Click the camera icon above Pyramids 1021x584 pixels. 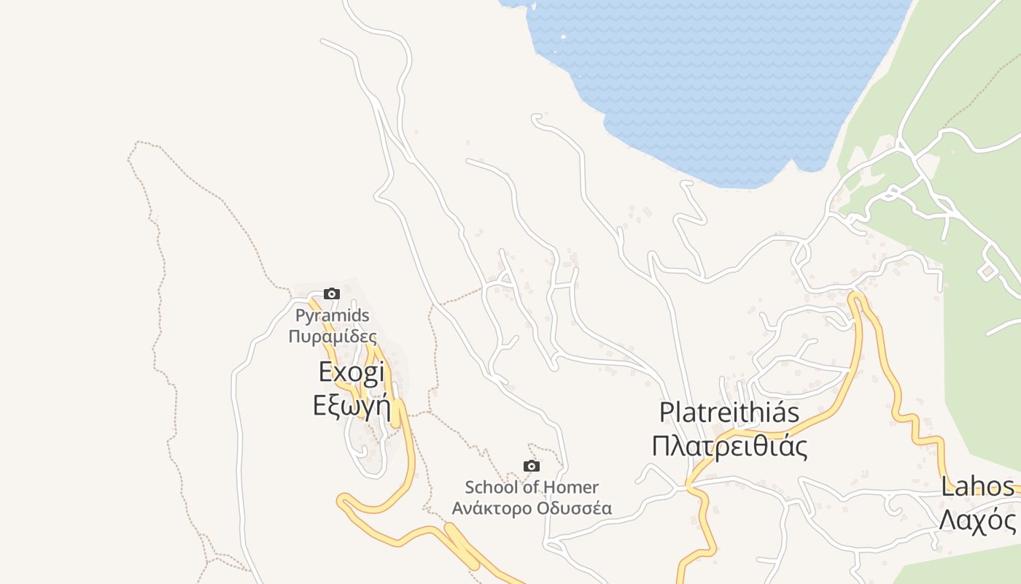coord(332,293)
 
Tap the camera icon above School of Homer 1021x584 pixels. coord(532,466)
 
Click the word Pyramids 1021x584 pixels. coord(333,316)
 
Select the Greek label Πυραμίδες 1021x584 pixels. coord(333,337)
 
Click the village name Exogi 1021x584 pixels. coord(352,373)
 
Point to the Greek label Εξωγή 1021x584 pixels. coord(349,404)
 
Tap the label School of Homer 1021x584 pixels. coord(532,487)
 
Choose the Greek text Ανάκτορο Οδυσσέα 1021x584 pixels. coord(532,508)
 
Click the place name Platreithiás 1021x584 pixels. coord(729,412)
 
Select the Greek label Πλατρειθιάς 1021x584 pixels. coord(729,445)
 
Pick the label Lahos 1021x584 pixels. coord(977,487)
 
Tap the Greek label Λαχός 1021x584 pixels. coord(977,520)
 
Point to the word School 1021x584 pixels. coord(489,487)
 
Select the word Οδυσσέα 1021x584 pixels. coord(578,508)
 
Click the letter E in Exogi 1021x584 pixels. coord(326,373)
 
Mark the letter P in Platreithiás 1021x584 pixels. coord(666,412)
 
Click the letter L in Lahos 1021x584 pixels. coord(947,487)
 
